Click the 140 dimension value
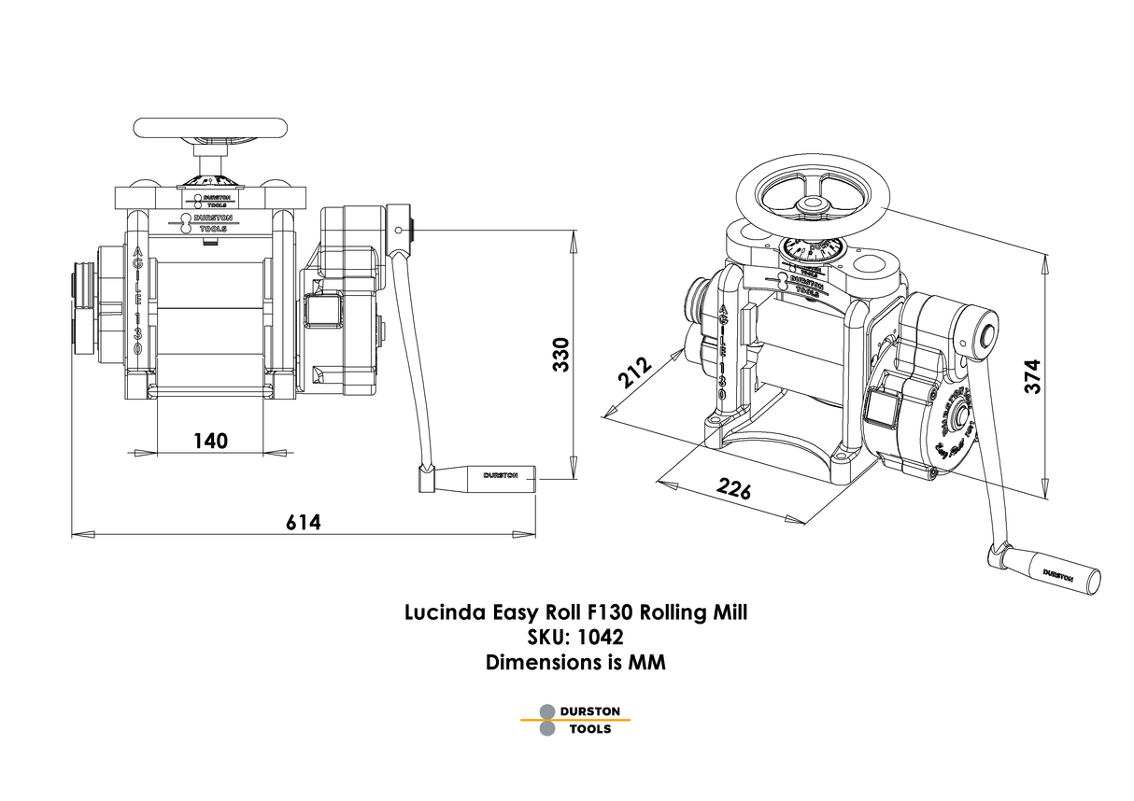point(210,441)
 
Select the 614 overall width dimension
point(304,523)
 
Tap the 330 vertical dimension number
point(560,354)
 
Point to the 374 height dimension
point(1032,375)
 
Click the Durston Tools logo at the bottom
point(576,719)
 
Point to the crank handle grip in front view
point(501,476)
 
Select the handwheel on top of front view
point(209,128)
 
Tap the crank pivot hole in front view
point(399,228)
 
